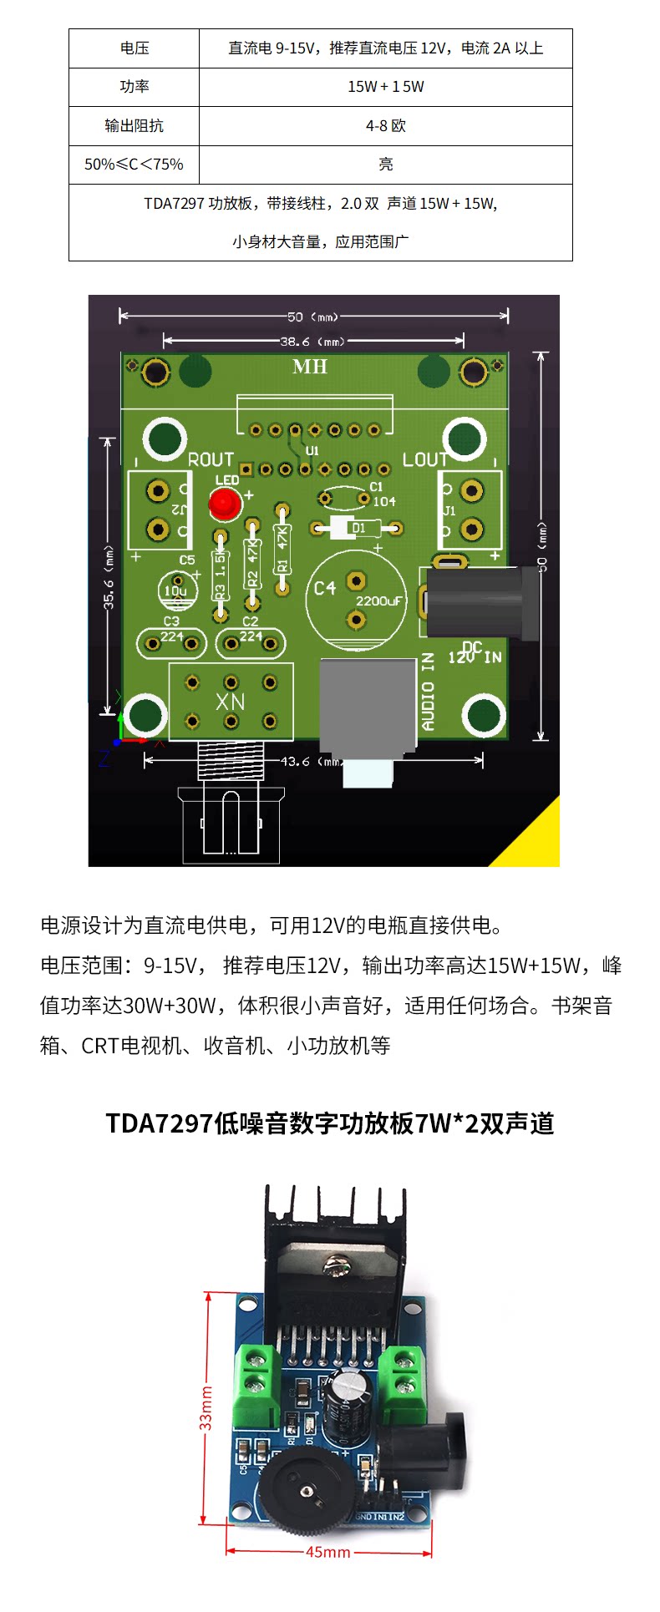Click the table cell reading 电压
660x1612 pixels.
point(134,48)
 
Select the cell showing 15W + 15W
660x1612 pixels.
point(385,87)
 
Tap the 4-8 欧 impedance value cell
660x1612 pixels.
point(385,126)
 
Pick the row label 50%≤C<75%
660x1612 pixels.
point(134,165)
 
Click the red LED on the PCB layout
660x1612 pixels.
point(224,504)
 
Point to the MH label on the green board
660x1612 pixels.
point(310,367)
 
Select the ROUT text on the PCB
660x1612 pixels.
point(211,460)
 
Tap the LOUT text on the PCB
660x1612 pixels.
point(425,460)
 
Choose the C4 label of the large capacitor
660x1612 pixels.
point(325,589)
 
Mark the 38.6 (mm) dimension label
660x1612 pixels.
point(312,341)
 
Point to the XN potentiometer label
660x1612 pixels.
point(230,702)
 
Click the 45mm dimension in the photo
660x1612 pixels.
point(328,1552)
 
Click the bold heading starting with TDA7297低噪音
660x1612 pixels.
point(330,1123)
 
